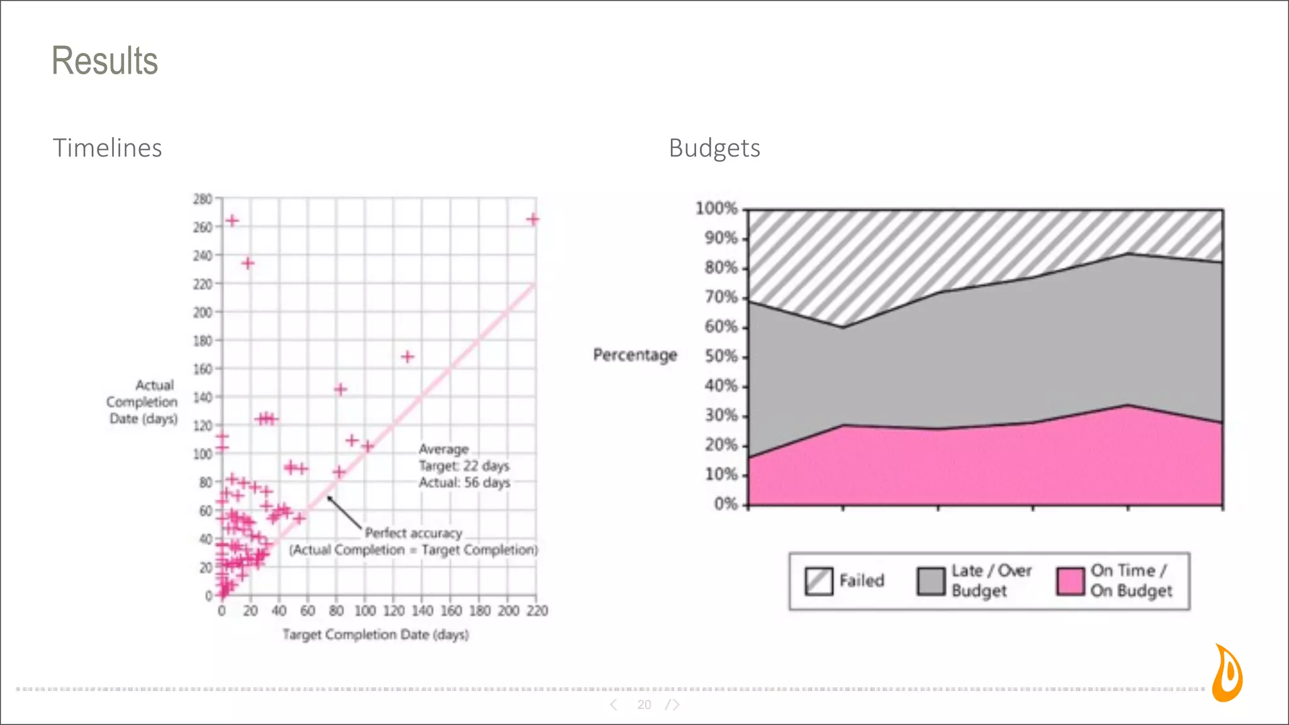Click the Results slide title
[104, 61]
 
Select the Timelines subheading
[107, 148]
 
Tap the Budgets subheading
[714, 148]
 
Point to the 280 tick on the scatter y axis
[203, 199]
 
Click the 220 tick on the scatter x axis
[537, 610]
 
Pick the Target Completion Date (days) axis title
[375, 634]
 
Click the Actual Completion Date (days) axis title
[143, 402]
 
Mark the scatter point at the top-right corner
[533, 219]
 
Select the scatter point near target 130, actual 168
[407, 357]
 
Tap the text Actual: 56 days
[464, 483]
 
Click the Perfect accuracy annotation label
[413, 533]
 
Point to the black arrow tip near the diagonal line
[329, 498]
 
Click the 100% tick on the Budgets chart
[716, 208]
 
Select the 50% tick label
[721, 356]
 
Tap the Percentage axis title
[634, 355]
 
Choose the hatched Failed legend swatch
[819, 581]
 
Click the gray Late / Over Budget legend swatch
[931, 581]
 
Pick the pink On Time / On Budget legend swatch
[1071, 581]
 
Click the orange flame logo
[1227, 673]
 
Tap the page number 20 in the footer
[644, 705]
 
